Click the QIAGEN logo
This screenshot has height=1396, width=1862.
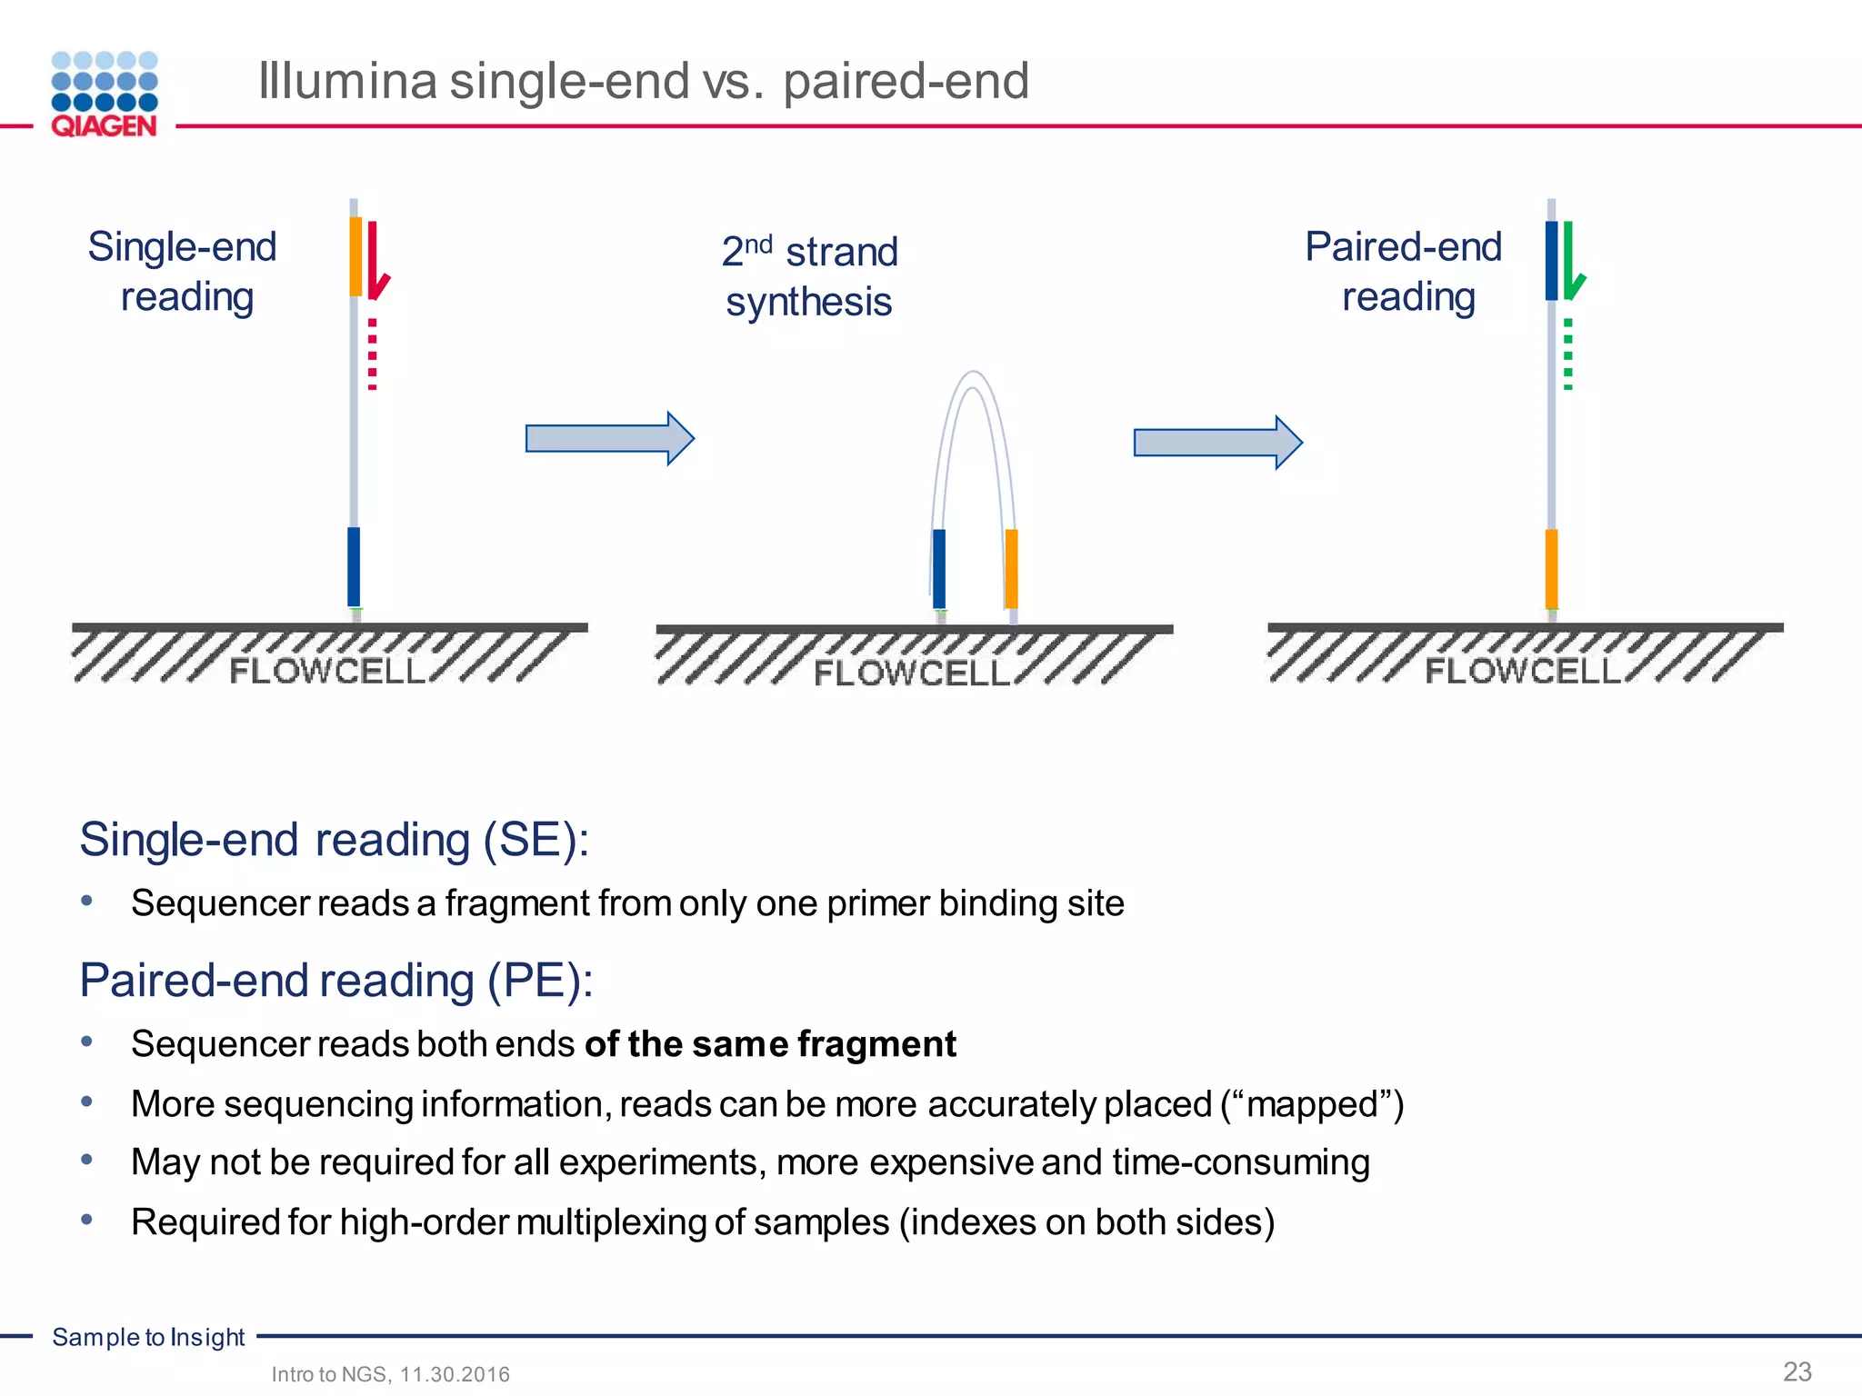point(105,95)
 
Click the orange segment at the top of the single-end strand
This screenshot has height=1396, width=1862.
point(355,256)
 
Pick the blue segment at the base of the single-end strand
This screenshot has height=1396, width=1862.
point(354,566)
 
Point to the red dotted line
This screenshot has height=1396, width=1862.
point(373,354)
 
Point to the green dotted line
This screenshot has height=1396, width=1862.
point(1568,354)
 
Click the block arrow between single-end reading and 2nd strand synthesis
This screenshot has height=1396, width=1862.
point(609,438)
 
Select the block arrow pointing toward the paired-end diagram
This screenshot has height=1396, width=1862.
point(1217,443)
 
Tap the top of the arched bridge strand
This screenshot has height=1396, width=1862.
point(973,375)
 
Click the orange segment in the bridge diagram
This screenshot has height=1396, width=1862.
point(1011,569)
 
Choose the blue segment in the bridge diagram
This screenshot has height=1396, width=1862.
point(939,569)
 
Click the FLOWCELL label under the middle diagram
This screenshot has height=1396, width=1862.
point(911,673)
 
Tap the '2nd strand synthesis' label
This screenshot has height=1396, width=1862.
point(809,276)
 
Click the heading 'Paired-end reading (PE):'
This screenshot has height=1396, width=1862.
point(336,981)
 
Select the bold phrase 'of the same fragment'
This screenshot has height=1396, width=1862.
point(770,1044)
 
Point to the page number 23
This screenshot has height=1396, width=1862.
point(1797,1371)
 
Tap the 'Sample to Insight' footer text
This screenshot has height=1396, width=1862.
point(148,1337)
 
